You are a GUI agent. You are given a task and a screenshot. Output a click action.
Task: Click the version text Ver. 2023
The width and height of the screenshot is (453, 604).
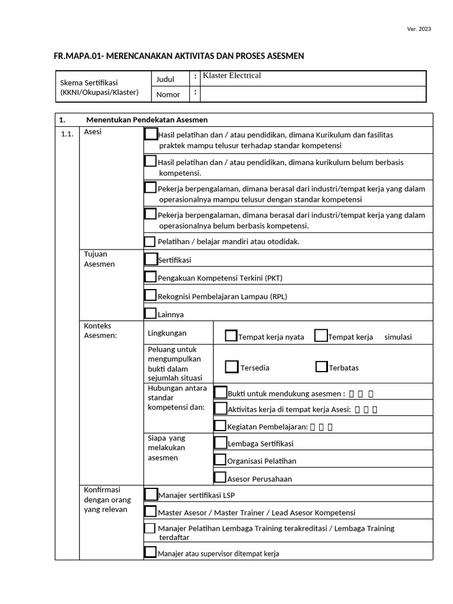419,29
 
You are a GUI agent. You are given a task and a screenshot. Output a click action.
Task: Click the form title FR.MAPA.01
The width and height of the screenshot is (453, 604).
179,56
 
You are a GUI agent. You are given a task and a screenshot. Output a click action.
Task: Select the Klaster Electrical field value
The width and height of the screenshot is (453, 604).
232,75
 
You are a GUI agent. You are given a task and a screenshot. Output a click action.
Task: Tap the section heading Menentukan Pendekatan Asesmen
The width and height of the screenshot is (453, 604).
146,120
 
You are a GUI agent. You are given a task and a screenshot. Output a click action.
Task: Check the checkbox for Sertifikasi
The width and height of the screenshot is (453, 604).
151,259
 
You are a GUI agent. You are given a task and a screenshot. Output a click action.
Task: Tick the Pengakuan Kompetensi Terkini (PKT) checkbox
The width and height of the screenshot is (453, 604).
151,277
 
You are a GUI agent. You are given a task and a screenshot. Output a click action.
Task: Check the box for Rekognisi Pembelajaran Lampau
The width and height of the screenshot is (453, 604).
151,295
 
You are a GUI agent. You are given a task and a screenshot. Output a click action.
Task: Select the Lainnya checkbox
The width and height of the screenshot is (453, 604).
151,313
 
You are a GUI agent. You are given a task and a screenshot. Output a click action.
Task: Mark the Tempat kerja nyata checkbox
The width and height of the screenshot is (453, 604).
231,336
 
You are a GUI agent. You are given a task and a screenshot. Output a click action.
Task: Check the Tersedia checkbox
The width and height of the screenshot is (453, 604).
232,366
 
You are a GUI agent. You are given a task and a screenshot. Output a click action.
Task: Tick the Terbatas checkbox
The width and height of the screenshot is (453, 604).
321,366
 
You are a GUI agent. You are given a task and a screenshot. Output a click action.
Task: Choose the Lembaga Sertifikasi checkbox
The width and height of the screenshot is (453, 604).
220,442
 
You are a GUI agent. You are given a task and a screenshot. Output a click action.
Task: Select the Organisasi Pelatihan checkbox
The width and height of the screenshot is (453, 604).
220,459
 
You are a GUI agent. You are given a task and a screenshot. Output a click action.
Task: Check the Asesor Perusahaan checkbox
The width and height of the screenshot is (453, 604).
220,477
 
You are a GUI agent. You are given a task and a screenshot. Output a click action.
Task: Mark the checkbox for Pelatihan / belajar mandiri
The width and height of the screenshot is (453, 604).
150,241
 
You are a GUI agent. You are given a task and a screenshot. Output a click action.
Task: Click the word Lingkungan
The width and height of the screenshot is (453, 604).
167,333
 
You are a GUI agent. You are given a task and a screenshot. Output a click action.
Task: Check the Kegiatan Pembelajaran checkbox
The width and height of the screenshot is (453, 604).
220,425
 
